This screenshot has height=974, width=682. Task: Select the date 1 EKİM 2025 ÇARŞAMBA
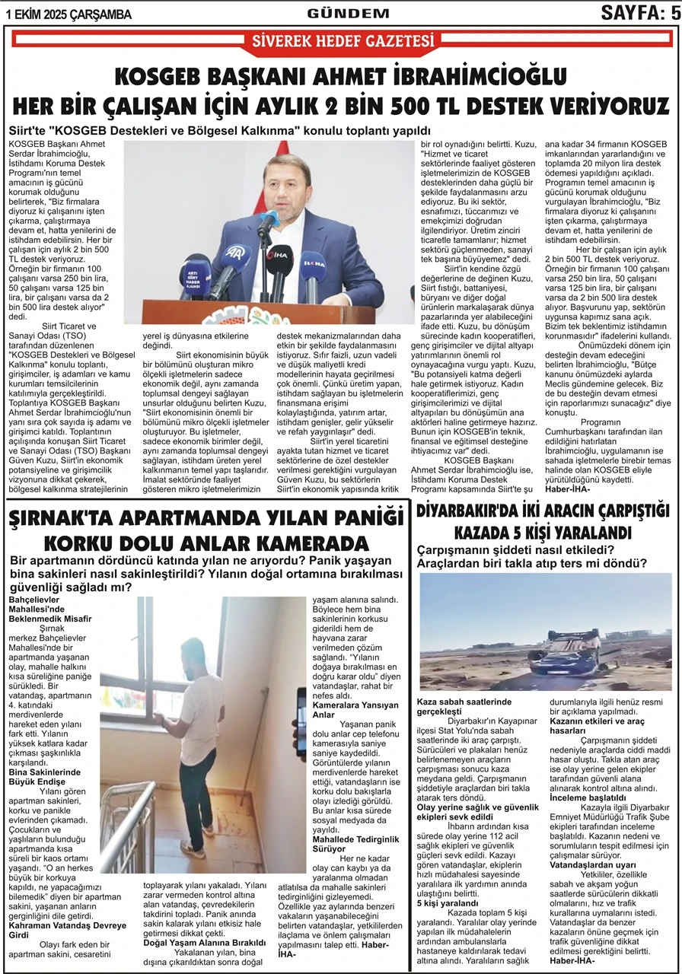coord(68,14)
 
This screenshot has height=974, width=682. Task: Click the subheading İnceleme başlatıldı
coord(600,797)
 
